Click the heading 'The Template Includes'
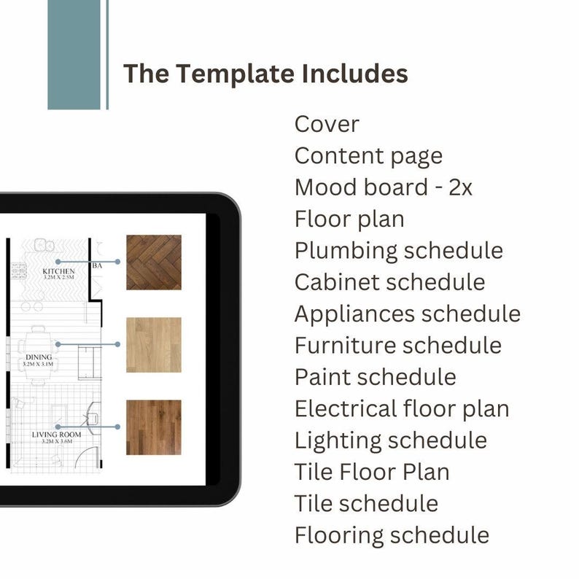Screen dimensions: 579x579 pyautogui.click(x=265, y=74)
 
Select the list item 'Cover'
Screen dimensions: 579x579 pyautogui.click(x=327, y=124)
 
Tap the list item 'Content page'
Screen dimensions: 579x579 pyautogui.click(x=368, y=155)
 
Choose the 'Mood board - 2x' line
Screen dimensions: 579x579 pyautogui.click(x=384, y=187)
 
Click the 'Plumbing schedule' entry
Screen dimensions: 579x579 pyautogui.click(x=399, y=250)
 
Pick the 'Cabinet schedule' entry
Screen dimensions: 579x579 pyautogui.click(x=389, y=281)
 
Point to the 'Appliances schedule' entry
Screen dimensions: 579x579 pyautogui.click(x=408, y=314)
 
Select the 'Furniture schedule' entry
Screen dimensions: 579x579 pyautogui.click(x=398, y=345)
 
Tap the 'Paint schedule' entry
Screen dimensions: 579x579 pyautogui.click(x=375, y=377)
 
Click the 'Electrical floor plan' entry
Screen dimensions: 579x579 pyautogui.click(x=402, y=408)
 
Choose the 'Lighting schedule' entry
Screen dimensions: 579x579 pyautogui.click(x=391, y=440)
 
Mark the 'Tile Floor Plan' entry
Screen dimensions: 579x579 pyautogui.click(x=372, y=472)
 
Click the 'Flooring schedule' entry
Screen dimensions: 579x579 pyautogui.click(x=392, y=535)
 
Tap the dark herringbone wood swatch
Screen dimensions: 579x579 pyautogui.click(x=153, y=263)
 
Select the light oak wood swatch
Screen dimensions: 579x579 pyautogui.click(x=153, y=345)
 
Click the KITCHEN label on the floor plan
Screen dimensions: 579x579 pyautogui.click(x=59, y=271)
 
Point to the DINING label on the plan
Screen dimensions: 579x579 pyautogui.click(x=39, y=357)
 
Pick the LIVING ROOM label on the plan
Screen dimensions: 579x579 pyautogui.click(x=57, y=435)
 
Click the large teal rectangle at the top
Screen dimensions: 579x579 pyautogui.click(x=74, y=55)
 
